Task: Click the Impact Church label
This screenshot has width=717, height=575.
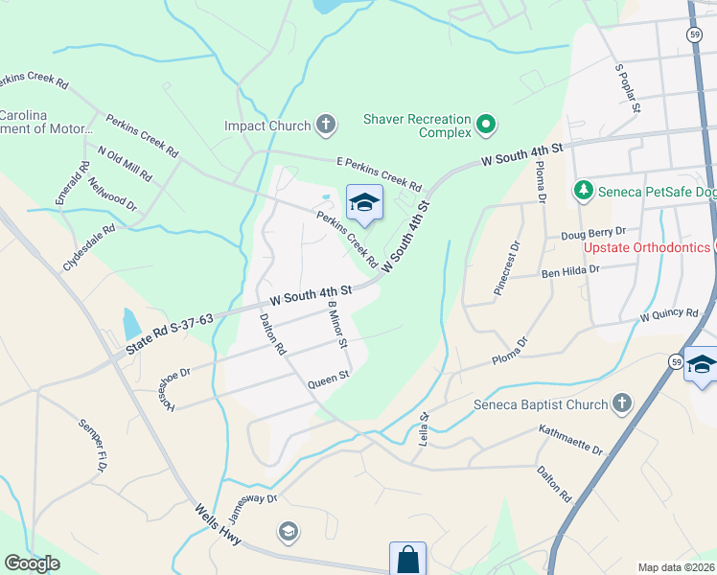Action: (x=267, y=126)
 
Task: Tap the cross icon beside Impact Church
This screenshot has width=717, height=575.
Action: (x=326, y=125)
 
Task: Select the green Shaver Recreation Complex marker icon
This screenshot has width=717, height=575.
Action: (x=486, y=124)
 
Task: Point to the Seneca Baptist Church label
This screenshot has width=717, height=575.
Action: (x=541, y=404)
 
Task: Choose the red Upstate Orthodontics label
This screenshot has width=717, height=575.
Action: (x=647, y=248)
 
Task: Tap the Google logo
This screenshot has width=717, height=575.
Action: (x=32, y=563)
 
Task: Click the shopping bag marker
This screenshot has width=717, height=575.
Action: (x=407, y=559)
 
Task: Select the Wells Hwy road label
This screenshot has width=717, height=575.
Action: (x=216, y=523)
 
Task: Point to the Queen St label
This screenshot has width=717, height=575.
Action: (x=328, y=382)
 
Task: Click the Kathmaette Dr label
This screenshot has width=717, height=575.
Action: (x=570, y=441)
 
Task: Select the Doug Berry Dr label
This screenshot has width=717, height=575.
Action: (x=592, y=233)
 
